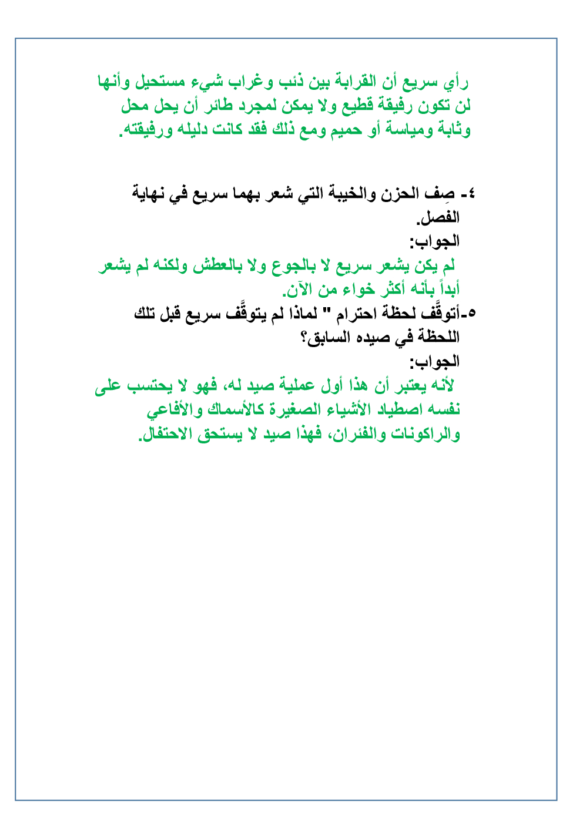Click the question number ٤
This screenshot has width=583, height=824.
[x=471, y=194]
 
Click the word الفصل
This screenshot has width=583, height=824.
[x=438, y=218]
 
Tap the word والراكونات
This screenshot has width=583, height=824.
[x=421, y=435]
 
